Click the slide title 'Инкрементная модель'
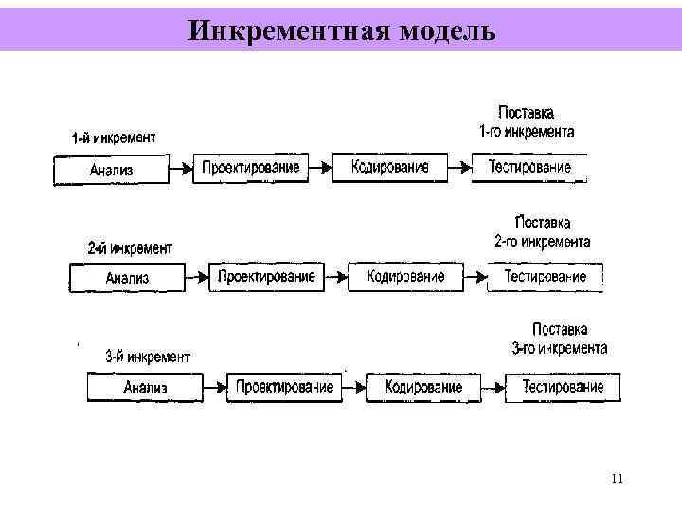click(x=341, y=31)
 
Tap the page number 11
click(x=617, y=478)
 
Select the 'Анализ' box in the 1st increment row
click(x=111, y=170)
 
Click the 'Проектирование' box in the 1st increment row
click(x=250, y=168)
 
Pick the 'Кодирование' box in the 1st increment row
click(x=389, y=168)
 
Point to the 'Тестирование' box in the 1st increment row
click(x=529, y=168)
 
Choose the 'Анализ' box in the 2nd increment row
click(x=127, y=278)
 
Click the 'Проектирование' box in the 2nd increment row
click(x=265, y=277)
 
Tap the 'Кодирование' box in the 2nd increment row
click(x=405, y=277)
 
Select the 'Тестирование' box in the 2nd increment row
click(x=545, y=277)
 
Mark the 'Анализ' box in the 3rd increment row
click(x=145, y=387)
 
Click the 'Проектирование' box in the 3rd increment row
click(x=284, y=387)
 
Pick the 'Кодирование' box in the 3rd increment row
click(x=423, y=387)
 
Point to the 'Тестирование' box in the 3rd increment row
click(x=563, y=387)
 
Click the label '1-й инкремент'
click(x=115, y=137)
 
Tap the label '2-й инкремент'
click(x=130, y=248)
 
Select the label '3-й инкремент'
click(x=147, y=357)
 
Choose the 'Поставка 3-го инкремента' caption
click(x=560, y=338)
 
